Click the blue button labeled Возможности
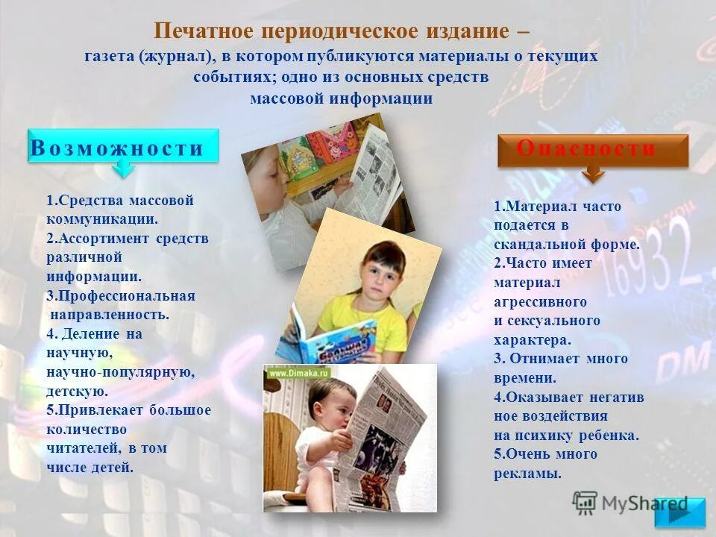click(x=124, y=147)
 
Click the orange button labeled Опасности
click(x=592, y=149)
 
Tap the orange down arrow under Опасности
click(x=593, y=175)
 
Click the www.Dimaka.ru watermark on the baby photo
click(x=299, y=372)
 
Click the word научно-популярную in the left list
click(x=120, y=371)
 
